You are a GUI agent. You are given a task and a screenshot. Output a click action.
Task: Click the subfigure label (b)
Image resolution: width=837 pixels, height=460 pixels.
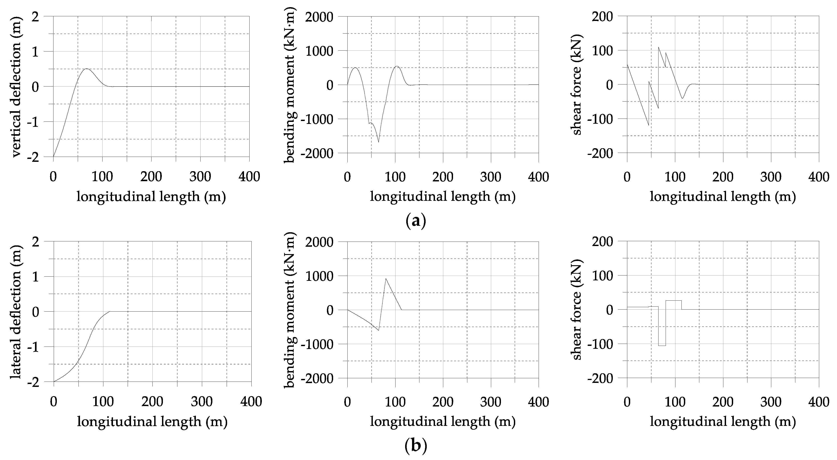point(416,446)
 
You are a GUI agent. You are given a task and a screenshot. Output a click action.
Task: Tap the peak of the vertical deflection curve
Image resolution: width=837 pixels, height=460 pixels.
point(86,69)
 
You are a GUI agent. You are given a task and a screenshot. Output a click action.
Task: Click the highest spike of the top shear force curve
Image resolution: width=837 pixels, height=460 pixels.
point(659,47)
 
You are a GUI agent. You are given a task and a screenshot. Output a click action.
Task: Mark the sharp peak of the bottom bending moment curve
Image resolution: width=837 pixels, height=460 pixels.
point(386,278)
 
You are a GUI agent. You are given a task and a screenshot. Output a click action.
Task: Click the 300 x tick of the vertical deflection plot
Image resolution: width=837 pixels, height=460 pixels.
point(200,177)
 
